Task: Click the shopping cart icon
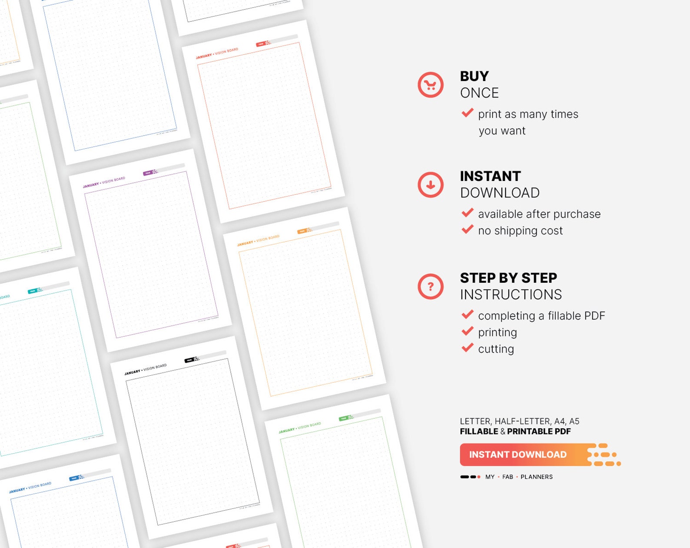pos(430,85)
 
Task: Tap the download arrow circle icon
pos(430,185)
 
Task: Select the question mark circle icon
pos(430,287)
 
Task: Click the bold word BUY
pos(474,76)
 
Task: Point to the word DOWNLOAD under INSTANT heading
pos(500,193)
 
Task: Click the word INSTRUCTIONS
pos(511,294)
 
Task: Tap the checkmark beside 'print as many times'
pos(468,113)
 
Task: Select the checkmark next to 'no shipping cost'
pos(468,230)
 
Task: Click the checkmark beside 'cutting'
pos(468,348)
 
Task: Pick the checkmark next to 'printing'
pos(468,331)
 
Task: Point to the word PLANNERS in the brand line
pos(537,477)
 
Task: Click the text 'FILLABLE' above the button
pos(479,431)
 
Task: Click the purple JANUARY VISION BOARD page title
pos(104,182)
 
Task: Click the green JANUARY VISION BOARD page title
pos(300,428)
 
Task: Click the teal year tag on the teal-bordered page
pos(33,291)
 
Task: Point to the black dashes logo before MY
pos(470,477)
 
